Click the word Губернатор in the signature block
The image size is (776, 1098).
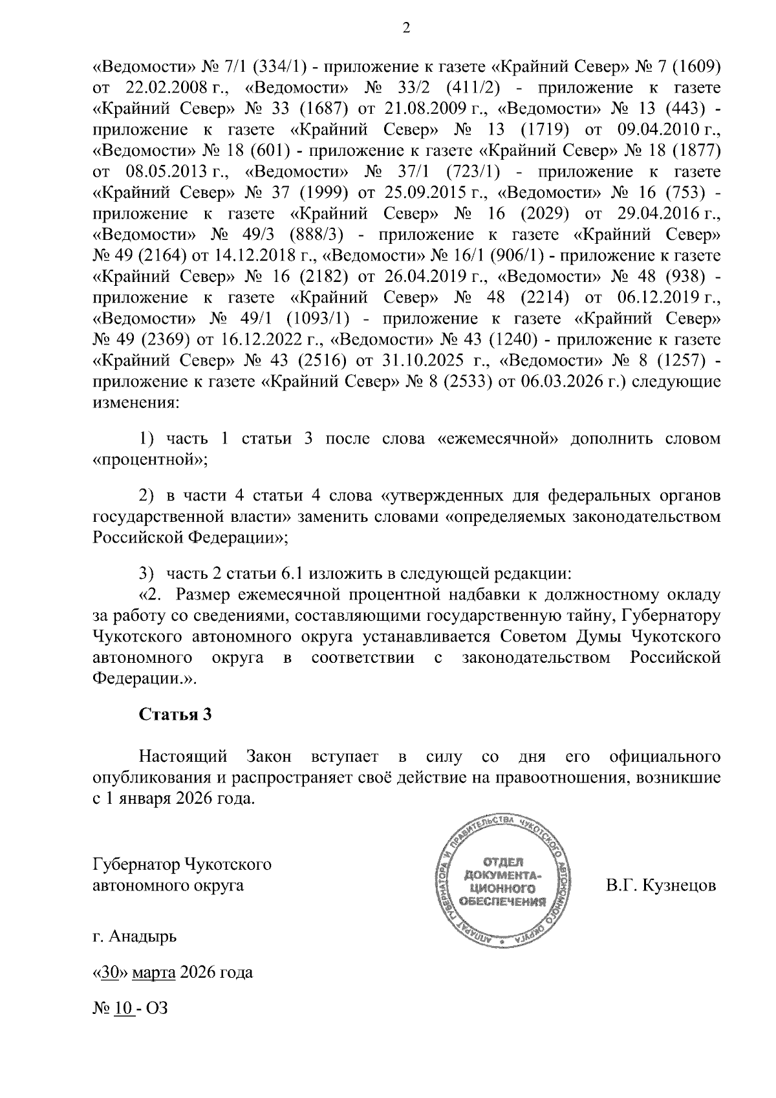pos(136,864)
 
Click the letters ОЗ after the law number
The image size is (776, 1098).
pos(157,1008)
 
